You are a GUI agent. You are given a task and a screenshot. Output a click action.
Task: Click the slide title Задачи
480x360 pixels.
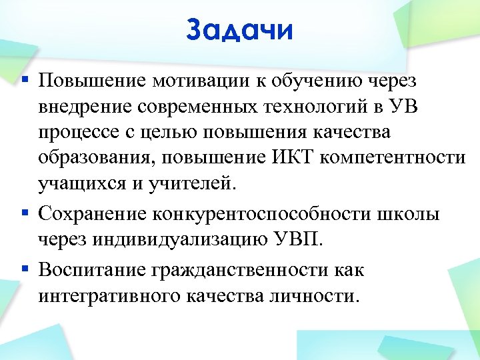click(240, 30)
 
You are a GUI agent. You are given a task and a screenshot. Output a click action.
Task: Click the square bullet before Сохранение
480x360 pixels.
click(25, 213)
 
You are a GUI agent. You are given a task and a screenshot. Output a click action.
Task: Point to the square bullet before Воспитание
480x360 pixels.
click(25, 269)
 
